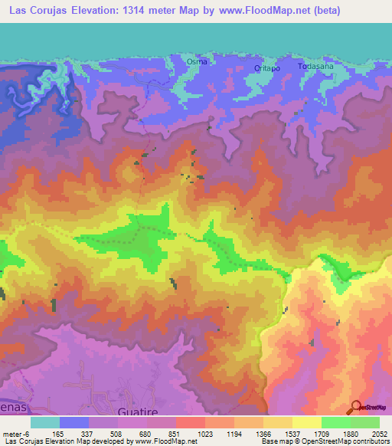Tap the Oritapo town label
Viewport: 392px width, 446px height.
[x=267, y=67]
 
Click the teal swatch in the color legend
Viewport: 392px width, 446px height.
[x=44, y=422]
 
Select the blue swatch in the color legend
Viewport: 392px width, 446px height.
[x=73, y=422]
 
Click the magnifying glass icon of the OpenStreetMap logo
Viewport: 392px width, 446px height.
[x=356, y=408]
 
